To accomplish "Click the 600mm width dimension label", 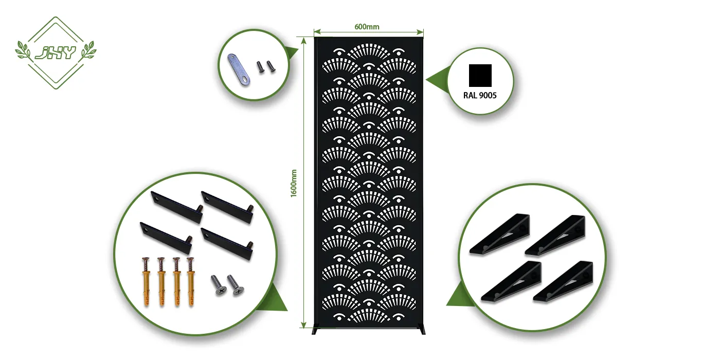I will (x=367, y=27).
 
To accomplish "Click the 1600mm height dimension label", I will (x=294, y=183).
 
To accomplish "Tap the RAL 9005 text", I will (x=480, y=95).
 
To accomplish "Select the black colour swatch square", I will (x=480, y=75).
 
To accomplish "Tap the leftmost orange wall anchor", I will (x=146, y=282).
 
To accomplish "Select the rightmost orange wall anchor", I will (x=191, y=282).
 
